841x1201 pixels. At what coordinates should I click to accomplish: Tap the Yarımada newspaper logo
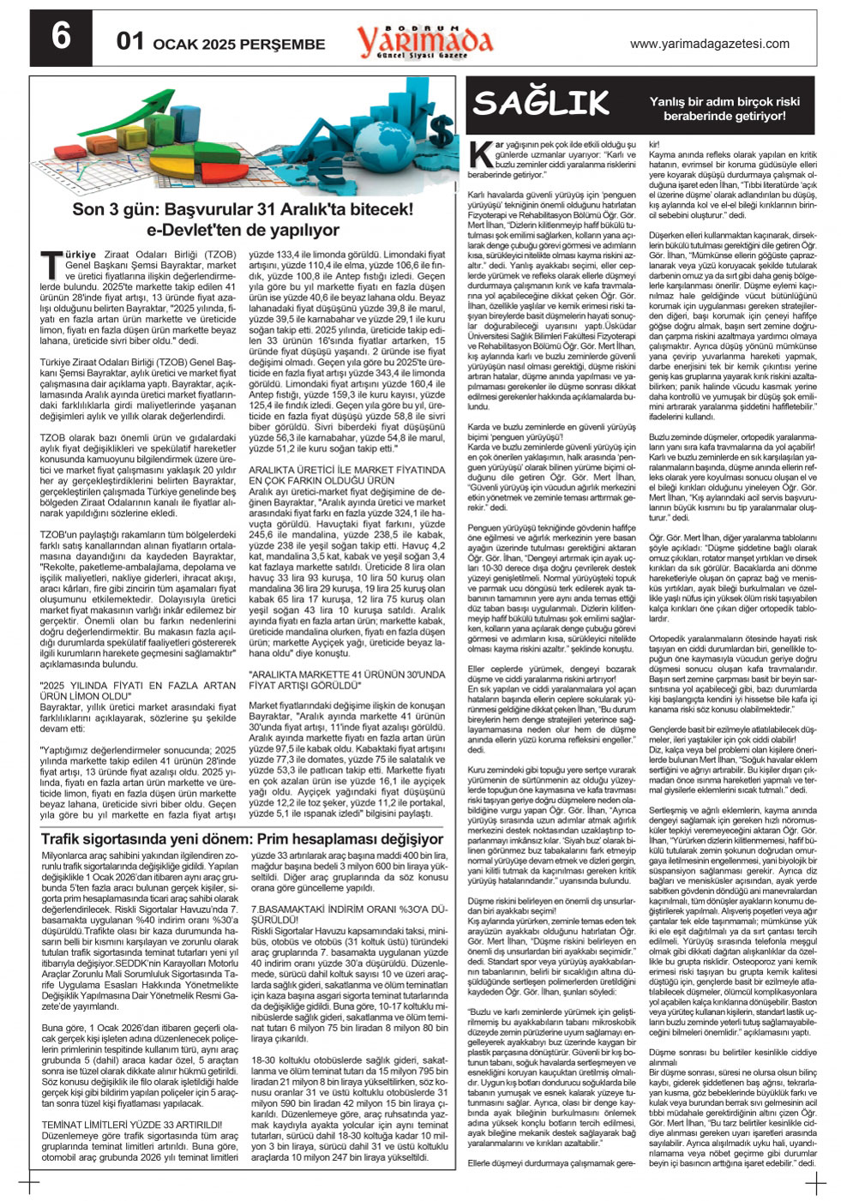pyautogui.click(x=424, y=39)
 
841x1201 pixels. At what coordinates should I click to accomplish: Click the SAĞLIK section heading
pyautogui.click(x=542, y=103)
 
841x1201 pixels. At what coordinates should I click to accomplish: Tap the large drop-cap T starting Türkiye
pyautogui.click(x=50, y=259)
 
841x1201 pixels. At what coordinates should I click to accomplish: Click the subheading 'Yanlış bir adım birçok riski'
pyautogui.click(x=724, y=101)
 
